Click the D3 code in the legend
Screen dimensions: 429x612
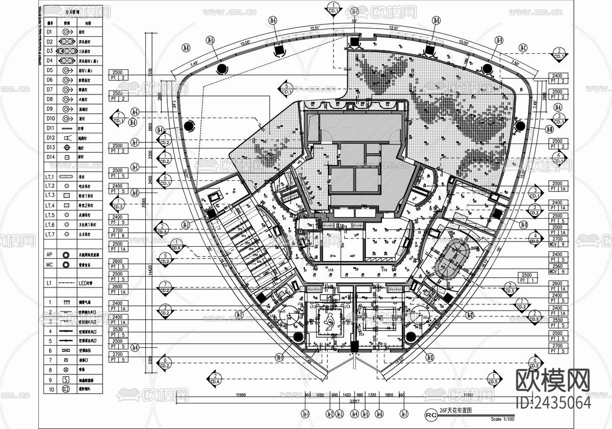50,51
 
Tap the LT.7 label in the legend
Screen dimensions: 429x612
50,234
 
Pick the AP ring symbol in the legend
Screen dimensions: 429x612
66,254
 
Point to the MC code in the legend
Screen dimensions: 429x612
49,265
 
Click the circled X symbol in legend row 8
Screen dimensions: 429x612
66,370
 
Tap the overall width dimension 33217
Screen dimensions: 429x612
354,401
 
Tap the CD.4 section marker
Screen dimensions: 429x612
215,378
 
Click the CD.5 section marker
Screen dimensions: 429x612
493,378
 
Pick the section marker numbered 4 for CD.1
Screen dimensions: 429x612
559,158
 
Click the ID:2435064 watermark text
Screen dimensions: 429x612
554,402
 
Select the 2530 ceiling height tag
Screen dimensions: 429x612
118,331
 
